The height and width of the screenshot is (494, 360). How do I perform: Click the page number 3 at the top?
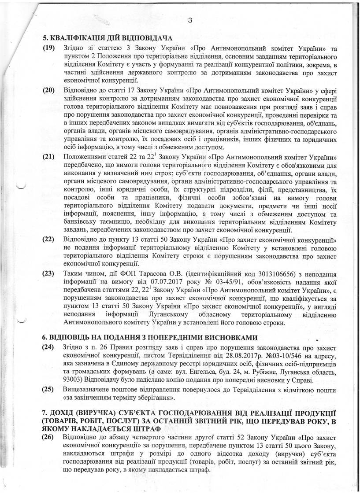point(189,19)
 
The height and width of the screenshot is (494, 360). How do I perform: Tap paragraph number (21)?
point(48,157)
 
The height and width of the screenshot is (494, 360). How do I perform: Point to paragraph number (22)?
point(48,240)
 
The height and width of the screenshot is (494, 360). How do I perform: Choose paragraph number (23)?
point(48,273)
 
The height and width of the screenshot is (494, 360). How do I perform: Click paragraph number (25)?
point(48,389)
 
